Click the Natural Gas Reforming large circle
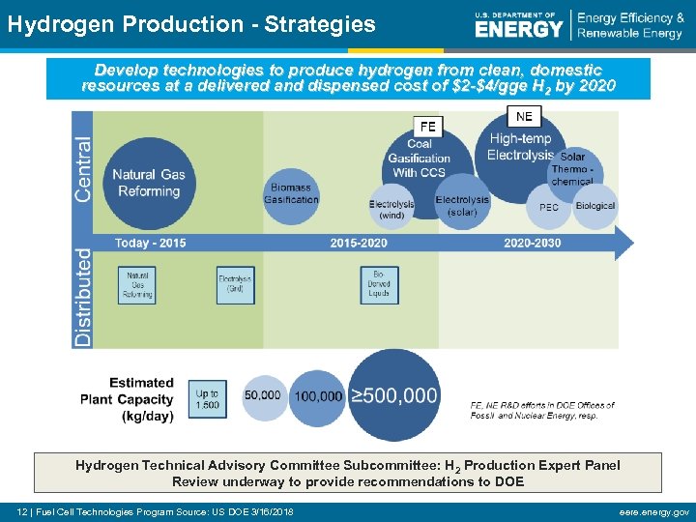coord(148,183)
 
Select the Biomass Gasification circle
coord(291,193)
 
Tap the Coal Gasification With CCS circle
coord(420,159)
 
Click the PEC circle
coord(548,207)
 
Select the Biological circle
coord(594,206)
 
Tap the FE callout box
coord(428,127)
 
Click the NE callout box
coord(524,116)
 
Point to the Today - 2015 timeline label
coord(151,243)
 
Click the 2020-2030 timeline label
coord(532,243)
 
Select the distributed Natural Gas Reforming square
coord(139,285)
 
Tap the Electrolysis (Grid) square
coord(235,285)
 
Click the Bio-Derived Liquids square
coord(379,285)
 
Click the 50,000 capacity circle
coord(263,396)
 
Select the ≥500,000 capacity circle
coord(393,395)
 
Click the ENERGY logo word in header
coord(518,28)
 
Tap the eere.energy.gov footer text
coord(655,511)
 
